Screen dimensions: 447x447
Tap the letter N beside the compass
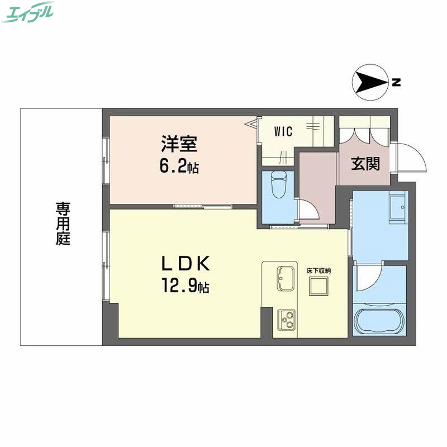coord(396,83)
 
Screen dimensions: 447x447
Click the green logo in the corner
coord(28,12)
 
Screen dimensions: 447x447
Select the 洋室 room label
coord(179,144)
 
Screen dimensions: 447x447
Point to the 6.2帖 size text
coord(179,166)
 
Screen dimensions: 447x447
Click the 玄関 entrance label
coord(366,163)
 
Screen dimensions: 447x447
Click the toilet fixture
coord(278,186)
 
